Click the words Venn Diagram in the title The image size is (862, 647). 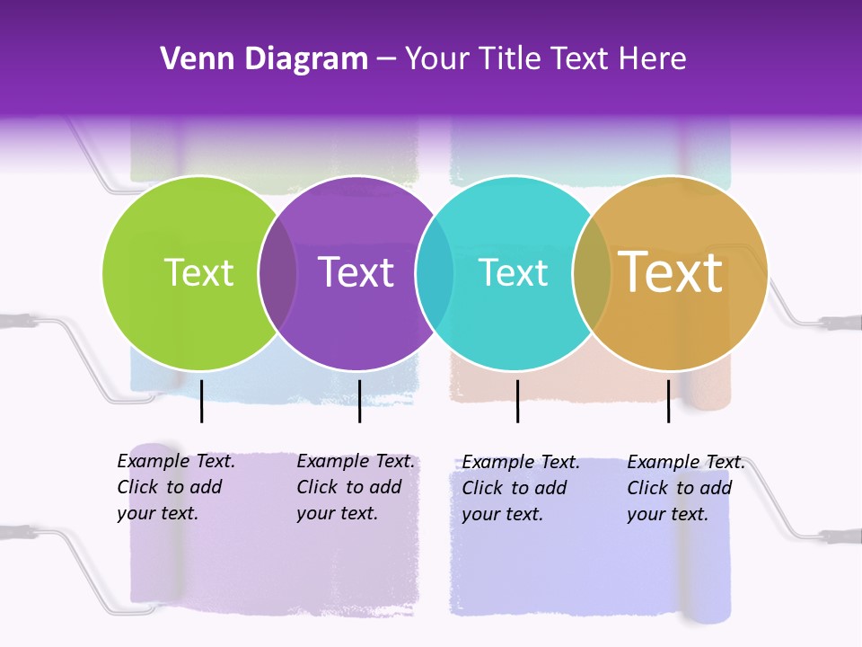(x=264, y=59)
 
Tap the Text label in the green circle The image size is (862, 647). (x=198, y=272)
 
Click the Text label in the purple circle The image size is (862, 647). (x=356, y=272)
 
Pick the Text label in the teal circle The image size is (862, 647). (x=513, y=272)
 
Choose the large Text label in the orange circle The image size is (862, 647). (x=671, y=272)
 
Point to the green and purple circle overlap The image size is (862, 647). (x=277, y=273)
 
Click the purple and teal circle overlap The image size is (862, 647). (x=435, y=273)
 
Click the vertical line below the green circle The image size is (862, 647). (x=202, y=401)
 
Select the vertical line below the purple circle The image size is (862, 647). (x=359, y=401)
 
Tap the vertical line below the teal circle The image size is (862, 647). (x=517, y=401)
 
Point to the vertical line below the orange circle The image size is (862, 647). (x=668, y=401)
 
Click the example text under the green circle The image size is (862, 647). (x=175, y=487)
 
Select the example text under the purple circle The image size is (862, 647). (x=355, y=487)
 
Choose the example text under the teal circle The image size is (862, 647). (x=520, y=488)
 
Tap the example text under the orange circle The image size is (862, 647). (x=685, y=488)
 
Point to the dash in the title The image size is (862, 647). (x=386, y=59)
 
